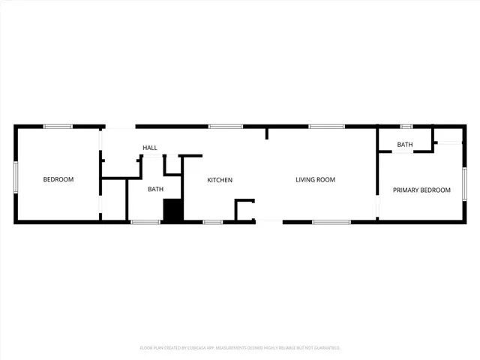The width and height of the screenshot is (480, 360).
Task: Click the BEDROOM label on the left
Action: (58, 179)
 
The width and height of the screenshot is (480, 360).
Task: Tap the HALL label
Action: (150, 148)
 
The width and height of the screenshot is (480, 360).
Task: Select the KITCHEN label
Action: (220, 180)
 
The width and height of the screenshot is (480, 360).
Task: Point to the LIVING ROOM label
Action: (315, 180)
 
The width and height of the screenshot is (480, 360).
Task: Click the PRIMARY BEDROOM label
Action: (421, 190)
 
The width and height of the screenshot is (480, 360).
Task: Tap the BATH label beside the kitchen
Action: (155, 189)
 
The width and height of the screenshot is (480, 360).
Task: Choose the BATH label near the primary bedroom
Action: (405, 145)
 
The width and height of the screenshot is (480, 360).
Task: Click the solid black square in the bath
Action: (173, 210)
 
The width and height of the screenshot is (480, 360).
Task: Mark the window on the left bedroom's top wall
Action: (58, 126)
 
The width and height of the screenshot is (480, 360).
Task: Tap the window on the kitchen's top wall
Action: (220, 126)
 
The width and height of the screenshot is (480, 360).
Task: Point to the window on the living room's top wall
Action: (322, 126)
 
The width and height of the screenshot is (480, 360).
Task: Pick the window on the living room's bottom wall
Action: (331, 222)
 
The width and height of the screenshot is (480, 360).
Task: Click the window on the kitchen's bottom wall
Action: (213, 222)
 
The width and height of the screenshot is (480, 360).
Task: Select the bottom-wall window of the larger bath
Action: (145, 222)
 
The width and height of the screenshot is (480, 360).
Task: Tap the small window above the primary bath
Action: (406, 126)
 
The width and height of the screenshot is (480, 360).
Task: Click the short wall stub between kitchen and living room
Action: (266, 133)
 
